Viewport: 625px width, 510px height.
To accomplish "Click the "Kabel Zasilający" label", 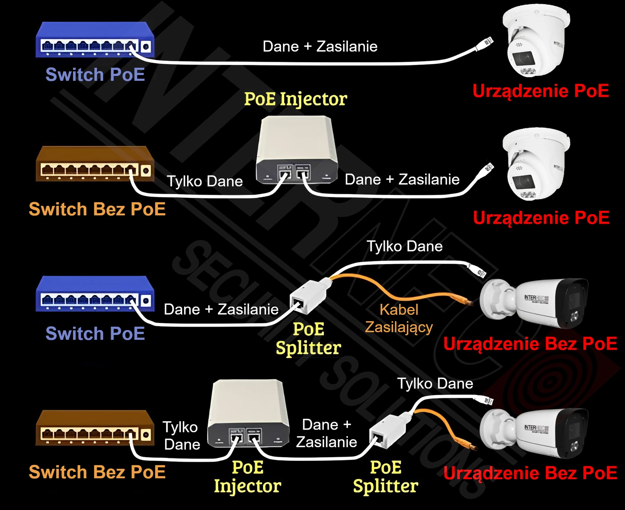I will (x=399, y=318).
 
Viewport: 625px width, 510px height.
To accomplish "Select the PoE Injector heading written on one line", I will (x=295, y=99).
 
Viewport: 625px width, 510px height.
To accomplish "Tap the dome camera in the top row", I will (x=536, y=41).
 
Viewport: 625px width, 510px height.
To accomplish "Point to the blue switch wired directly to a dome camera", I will (x=95, y=40).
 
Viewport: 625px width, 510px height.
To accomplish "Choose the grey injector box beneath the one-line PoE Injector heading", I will (x=296, y=150).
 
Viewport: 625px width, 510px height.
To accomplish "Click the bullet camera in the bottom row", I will (x=534, y=432).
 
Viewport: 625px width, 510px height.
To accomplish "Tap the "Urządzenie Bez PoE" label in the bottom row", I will (x=530, y=473).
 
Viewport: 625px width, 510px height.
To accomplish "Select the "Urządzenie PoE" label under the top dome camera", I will (x=541, y=91).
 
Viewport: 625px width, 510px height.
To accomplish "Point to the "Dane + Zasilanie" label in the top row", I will (x=320, y=46).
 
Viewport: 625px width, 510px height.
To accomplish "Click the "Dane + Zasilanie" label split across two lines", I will (x=327, y=433).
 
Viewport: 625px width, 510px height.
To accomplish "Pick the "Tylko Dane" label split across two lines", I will (x=181, y=435).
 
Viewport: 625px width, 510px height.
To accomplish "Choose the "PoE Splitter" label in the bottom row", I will (x=385, y=477).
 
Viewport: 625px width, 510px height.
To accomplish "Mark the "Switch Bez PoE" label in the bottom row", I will (x=97, y=472).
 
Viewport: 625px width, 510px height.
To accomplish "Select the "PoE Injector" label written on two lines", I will (x=247, y=477).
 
